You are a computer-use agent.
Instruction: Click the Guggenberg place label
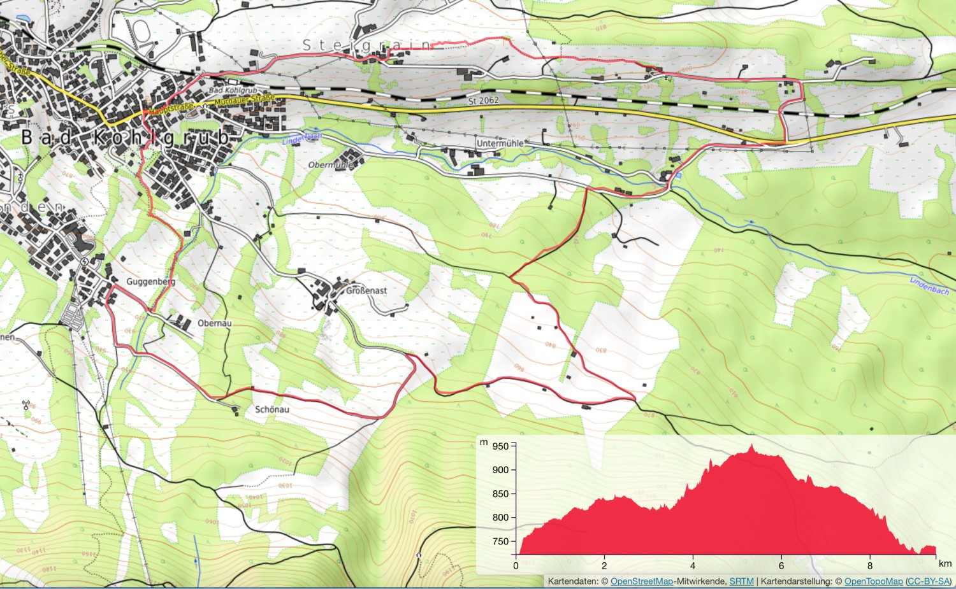pos(150,281)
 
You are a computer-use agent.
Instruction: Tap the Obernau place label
pos(214,323)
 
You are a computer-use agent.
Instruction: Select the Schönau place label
pos(272,409)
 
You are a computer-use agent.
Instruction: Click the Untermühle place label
pos(500,144)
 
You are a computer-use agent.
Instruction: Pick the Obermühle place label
pos(330,165)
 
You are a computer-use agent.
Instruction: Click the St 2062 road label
pos(483,101)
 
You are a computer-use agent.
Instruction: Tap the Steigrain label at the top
pos(367,45)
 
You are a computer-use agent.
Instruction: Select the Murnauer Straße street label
pos(245,100)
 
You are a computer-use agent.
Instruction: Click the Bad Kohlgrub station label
pos(233,90)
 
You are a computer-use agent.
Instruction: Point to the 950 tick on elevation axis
pos(501,446)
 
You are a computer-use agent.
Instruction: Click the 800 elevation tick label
pos(501,518)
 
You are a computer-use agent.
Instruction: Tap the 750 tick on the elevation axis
pos(501,542)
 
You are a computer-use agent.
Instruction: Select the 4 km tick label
pos(693,565)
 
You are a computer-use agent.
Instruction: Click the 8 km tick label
pos(870,565)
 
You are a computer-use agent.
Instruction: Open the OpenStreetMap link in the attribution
pos(642,581)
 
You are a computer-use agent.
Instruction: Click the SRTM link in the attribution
pos(741,581)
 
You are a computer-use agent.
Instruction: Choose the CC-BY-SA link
pos(928,581)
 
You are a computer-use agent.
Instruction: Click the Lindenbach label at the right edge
pos(929,286)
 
